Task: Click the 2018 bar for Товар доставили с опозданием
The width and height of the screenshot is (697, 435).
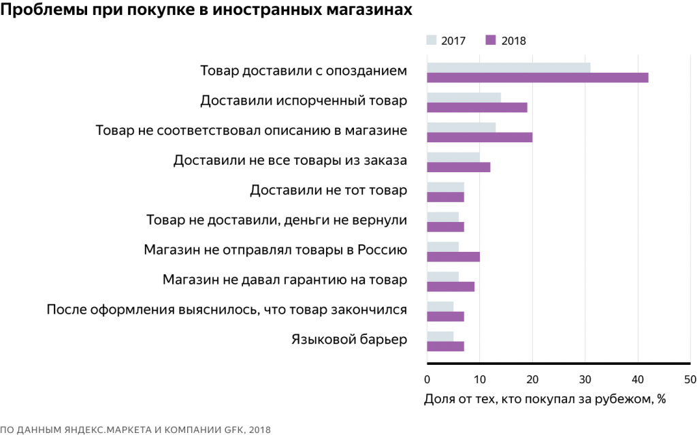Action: (x=537, y=78)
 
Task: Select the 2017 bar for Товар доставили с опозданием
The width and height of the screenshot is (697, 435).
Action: (x=508, y=67)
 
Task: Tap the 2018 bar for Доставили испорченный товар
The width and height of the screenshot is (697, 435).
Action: (x=476, y=108)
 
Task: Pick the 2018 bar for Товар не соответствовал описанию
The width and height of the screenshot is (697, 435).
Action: (x=479, y=138)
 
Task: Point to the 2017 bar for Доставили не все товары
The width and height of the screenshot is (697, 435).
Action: (x=453, y=157)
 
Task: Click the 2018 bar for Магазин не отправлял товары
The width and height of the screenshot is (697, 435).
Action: (x=453, y=257)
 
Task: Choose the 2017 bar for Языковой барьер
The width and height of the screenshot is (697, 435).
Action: (x=440, y=336)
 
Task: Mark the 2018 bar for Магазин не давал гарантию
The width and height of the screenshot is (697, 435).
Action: (x=450, y=287)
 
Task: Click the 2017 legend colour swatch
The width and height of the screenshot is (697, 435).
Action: (x=431, y=40)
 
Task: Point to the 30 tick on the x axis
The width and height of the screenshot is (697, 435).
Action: (x=585, y=379)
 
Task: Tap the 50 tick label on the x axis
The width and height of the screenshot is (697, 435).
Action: (x=690, y=379)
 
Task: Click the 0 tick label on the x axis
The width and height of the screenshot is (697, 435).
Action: (x=427, y=379)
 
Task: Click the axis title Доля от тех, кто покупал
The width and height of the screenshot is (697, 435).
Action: (x=544, y=399)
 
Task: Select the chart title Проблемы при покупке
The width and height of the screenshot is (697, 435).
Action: (x=206, y=12)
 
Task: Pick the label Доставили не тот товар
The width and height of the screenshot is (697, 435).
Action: (x=328, y=190)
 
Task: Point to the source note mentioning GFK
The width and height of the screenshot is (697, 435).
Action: (x=135, y=429)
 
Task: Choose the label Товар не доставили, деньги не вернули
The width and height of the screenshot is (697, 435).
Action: (x=276, y=220)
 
